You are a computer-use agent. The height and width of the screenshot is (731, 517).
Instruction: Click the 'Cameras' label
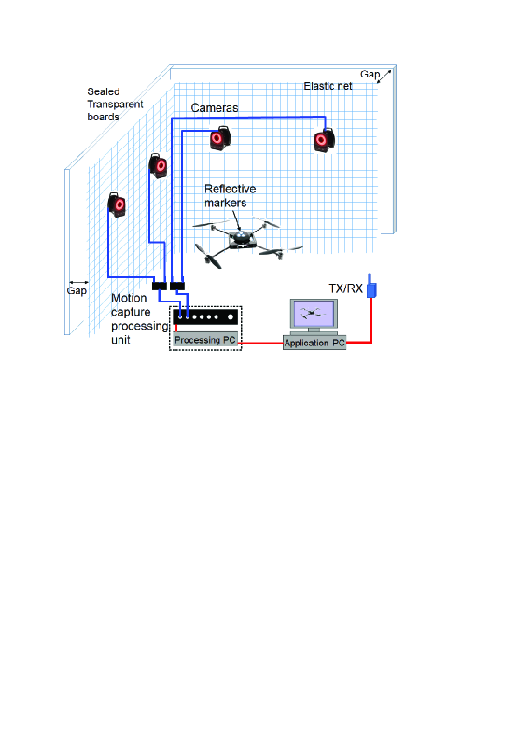[215, 108]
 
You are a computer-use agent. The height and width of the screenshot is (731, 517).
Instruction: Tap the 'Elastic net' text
[328, 86]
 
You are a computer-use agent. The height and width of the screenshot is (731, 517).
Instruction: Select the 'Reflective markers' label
[231, 196]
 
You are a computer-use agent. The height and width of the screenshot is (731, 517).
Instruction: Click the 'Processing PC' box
[205, 340]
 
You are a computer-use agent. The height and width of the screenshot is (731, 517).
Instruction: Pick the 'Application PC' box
[314, 343]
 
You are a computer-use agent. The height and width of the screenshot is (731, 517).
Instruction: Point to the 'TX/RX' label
[345, 288]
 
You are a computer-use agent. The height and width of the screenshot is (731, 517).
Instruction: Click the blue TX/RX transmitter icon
[371, 287]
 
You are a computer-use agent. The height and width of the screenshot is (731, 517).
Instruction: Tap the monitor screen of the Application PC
[314, 314]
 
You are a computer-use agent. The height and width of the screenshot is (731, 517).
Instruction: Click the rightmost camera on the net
[324, 139]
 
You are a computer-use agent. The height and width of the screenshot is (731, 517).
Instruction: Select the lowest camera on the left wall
[117, 204]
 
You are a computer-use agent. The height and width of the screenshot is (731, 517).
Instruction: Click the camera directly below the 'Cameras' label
[219, 138]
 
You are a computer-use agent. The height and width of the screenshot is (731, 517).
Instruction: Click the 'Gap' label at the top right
[370, 74]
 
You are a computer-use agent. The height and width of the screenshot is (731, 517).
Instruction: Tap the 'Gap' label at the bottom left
[77, 291]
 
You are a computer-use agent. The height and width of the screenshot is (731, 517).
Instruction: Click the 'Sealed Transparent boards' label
[115, 104]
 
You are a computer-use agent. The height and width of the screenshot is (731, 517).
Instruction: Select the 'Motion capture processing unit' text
[139, 319]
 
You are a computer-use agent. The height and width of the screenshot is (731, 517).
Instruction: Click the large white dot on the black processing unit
[231, 317]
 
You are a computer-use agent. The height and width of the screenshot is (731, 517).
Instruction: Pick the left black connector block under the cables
[160, 286]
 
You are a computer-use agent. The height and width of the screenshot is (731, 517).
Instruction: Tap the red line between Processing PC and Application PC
[262, 344]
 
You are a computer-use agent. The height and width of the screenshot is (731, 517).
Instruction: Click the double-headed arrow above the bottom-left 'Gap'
[78, 282]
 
